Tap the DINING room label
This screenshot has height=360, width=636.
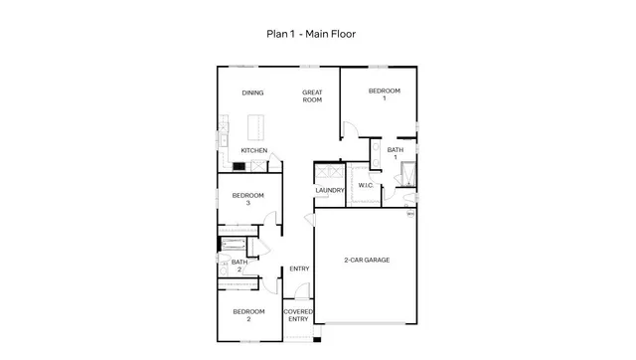click(252, 93)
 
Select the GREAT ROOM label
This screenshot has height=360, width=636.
click(313, 96)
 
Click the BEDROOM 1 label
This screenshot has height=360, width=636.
click(384, 94)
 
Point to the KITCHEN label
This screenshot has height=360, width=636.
click(253, 151)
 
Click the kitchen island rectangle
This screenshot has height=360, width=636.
click(254, 125)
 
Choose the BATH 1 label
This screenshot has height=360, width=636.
click(395, 153)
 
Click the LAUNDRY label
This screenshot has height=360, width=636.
click(329, 190)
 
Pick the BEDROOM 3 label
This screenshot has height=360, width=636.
click(247, 199)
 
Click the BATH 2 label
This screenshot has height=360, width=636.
click(238, 266)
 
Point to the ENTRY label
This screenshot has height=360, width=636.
click(299, 269)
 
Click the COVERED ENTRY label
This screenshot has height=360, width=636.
click(298, 315)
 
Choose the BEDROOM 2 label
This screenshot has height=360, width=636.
click(247, 315)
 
